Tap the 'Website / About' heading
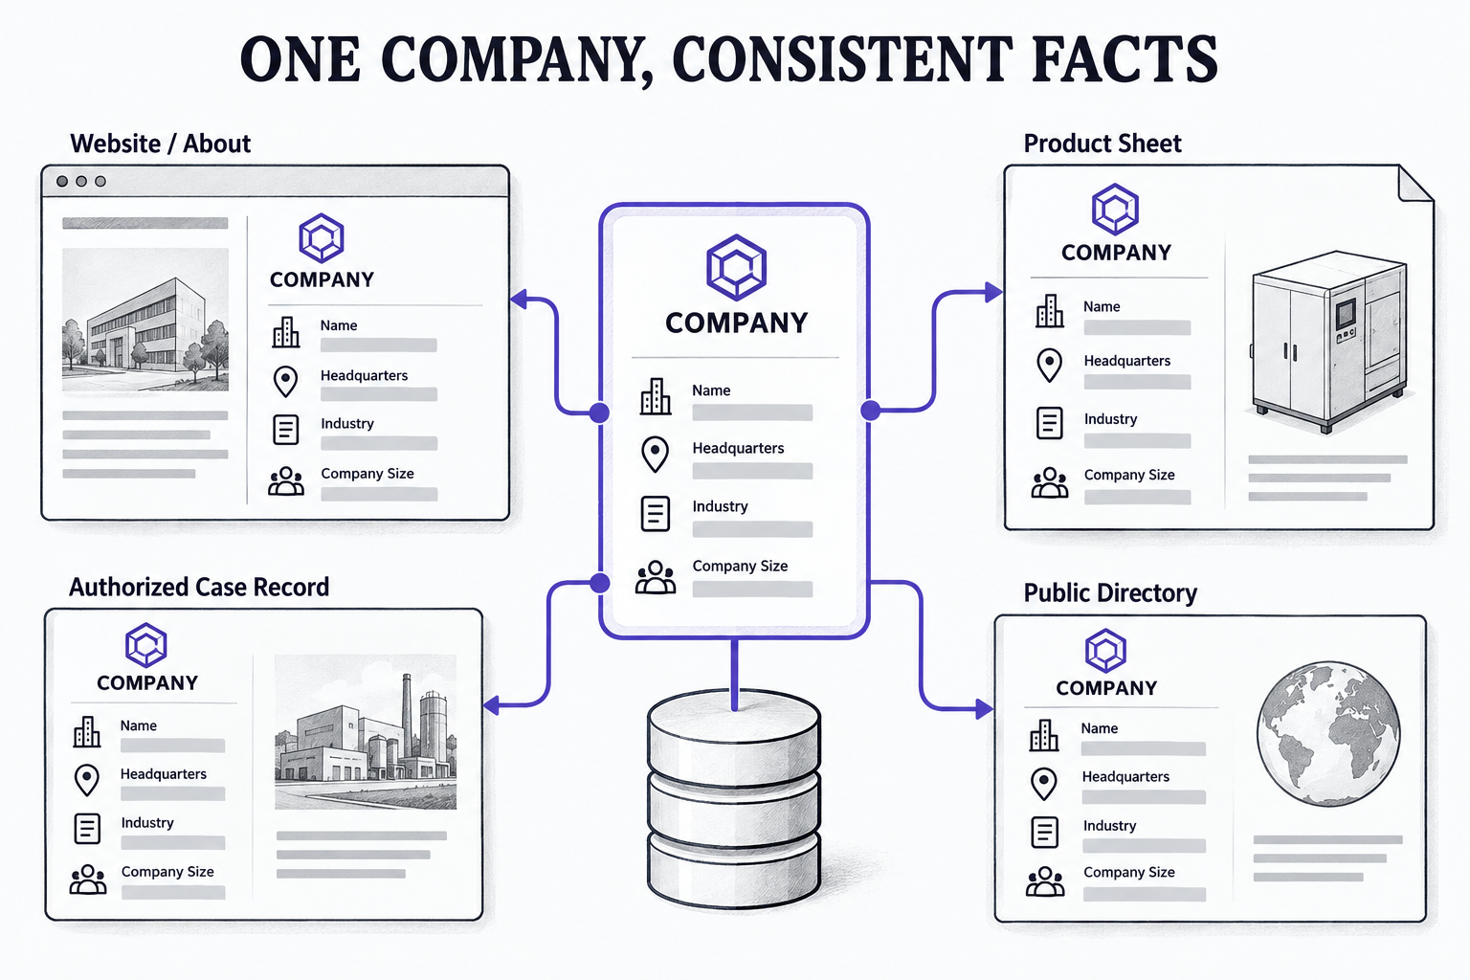tap(160, 144)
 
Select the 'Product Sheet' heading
tap(1102, 144)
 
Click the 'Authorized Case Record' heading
tap(199, 587)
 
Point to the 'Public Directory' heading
tap(1110, 592)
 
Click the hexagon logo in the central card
tap(736, 267)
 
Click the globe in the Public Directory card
tap(1328, 733)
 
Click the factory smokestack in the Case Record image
tap(407, 716)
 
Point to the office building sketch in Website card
tap(145, 320)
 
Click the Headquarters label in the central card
tap(738, 448)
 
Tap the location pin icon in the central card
tap(655, 455)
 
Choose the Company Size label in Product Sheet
tap(1128, 475)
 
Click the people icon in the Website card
tap(286, 481)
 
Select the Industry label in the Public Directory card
tap(1109, 825)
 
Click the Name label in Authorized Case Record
tap(139, 725)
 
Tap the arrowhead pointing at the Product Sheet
tap(993, 292)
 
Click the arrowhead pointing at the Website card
tap(519, 300)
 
